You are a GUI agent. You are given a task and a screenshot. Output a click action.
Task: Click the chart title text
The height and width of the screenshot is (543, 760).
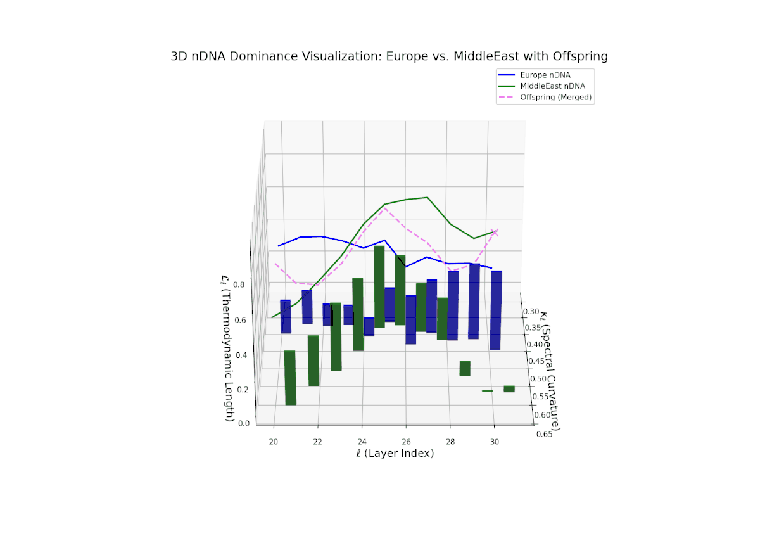pyautogui.click(x=389, y=56)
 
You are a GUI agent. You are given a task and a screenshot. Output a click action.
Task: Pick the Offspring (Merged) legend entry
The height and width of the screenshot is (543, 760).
pyautogui.click(x=555, y=98)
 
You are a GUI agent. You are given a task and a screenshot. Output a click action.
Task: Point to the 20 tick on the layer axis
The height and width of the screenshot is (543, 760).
pyautogui.click(x=274, y=442)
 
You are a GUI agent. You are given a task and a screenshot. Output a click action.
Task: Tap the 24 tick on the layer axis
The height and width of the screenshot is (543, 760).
pyautogui.click(x=362, y=442)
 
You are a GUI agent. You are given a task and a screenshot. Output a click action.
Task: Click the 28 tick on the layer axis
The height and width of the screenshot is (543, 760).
pyautogui.click(x=450, y=442)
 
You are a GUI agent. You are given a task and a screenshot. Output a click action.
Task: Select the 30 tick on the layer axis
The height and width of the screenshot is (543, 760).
pyautogui.click(x=495, y=442)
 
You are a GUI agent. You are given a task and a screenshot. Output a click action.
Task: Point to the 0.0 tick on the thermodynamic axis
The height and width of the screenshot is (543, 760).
pyautogui.click(x=243, y=424)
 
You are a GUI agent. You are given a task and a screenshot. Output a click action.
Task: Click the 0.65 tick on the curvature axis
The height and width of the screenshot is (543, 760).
pyautogui.click(x=545, y=435)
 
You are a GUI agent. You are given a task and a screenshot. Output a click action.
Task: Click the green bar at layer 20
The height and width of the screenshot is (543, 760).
pyautogui.click(x=290, y=378)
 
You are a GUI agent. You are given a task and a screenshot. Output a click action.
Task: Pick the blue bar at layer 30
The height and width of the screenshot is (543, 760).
pyautogui.click(x=496, y=310)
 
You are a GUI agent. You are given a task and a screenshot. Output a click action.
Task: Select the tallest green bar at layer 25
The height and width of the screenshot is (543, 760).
pyautogui.click(x=379, y=286)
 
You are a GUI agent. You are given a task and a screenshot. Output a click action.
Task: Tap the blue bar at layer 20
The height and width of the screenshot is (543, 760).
pyautogui.click(x=286, y=317)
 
